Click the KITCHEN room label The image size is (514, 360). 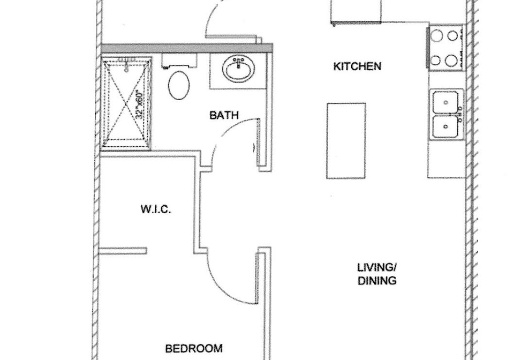(357, 66)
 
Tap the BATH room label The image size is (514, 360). (224, 115)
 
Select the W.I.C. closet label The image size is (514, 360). (156, 209)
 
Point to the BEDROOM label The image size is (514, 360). (194, 348)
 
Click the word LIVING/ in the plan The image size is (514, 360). (376, 267)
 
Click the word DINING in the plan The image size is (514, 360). (377, 281)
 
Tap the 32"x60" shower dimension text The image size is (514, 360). (140, 104)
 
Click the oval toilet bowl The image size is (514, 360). (179, 85)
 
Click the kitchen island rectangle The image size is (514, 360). (346, 141)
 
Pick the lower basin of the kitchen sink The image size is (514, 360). (445, 126)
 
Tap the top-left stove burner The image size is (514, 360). (436, 35)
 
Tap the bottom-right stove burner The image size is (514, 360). (451, 60)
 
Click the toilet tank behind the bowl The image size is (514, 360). (179, 61)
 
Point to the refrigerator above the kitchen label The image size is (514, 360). (356, 11)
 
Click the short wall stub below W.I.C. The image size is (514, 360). (123, 251)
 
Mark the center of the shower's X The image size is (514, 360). (126, 103)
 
